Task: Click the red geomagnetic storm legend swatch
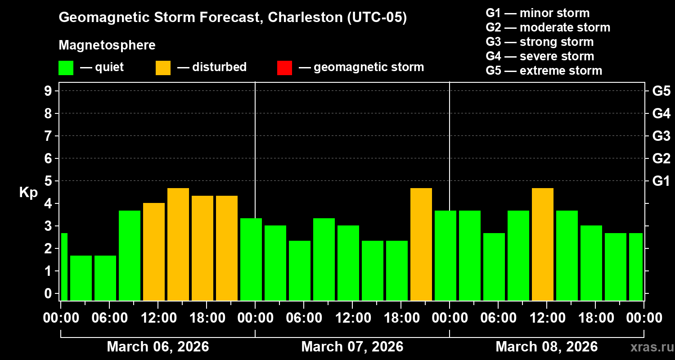(284, 67)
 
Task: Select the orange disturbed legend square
(163, 67)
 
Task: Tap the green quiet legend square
(66, 67)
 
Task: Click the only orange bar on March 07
(421, 244)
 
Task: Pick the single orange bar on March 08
(543, 244)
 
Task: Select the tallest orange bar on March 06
(178, 244)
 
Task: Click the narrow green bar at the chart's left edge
(64, 266)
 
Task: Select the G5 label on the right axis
(661, 91)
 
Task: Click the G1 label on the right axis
(661, 181)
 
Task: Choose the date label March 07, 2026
(352, 346)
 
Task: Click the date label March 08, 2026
(546, 346)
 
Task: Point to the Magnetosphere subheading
(107, 45)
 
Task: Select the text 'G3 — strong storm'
(540, 42)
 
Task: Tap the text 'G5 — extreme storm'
(544, 71)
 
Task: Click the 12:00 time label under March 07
(352, 318)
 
